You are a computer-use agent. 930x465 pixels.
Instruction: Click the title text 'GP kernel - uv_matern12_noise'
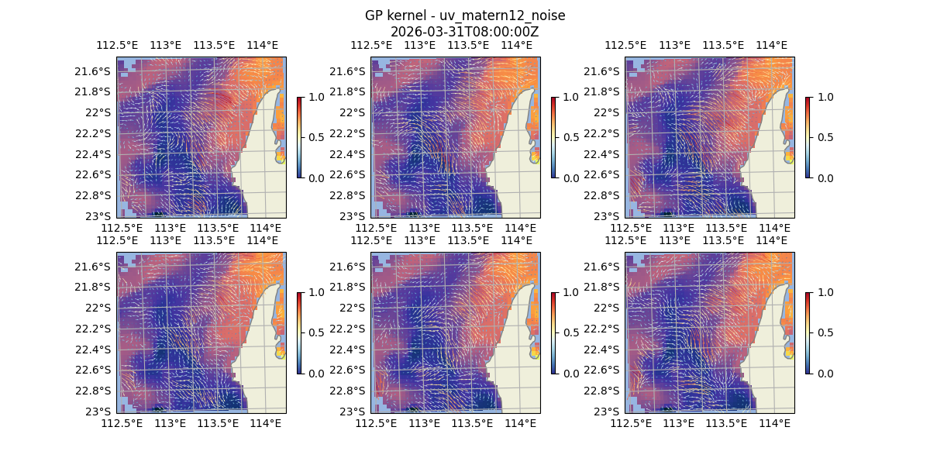[x=464, y=16]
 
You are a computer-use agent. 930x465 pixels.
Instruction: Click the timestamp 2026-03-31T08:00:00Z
[x=464, y=32]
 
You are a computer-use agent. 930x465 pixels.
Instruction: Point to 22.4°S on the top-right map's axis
[x=605, y=153]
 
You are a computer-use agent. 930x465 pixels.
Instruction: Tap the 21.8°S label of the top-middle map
[x=351, y=91]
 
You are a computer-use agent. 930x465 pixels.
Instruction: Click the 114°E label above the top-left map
[x=263, y=45]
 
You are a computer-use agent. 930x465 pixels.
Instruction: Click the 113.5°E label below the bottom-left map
[x=218, y=423]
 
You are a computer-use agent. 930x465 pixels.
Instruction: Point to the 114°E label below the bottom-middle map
[x=520, y=423]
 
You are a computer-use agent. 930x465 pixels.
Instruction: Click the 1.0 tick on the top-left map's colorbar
[x=315, y=97]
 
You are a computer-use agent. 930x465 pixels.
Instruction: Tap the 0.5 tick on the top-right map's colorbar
[x=824, y=137]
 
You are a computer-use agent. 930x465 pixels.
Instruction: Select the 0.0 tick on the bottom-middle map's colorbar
[x=570, y=373]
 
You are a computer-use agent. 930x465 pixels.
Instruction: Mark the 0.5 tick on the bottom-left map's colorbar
[x=315, y=332]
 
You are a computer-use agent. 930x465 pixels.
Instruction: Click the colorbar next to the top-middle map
[x=553, y=137]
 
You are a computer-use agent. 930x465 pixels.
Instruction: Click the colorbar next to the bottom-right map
[x=808, y=332]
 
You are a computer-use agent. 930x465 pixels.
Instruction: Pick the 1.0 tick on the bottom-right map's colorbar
[x=824, y=292]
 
